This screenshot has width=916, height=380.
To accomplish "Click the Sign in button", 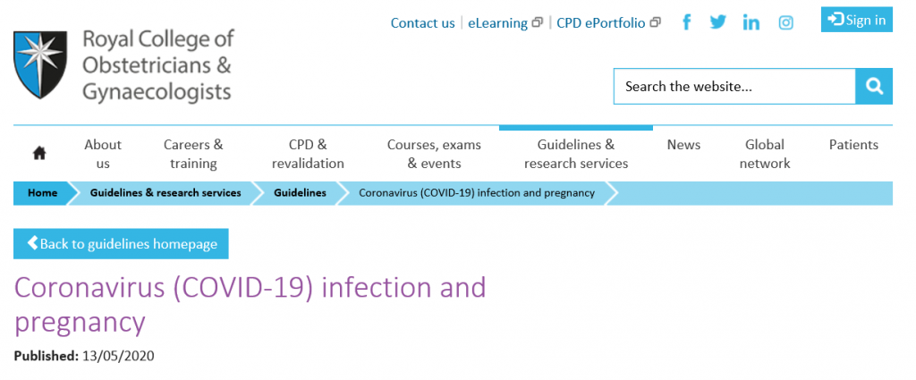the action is [x=856, y=20].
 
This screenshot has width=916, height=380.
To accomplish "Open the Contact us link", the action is [x=422, y=23].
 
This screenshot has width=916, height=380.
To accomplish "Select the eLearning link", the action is [x=505, y=23].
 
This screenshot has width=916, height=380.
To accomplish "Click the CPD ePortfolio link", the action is [x=608, y=23].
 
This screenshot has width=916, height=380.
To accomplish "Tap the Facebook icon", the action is [x=687, y=22].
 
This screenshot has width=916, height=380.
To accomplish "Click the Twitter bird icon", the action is [x=718, y=22].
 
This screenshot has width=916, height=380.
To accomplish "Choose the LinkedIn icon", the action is [x=751, y=22].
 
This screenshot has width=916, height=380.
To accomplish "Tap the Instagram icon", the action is [x=785, y=22].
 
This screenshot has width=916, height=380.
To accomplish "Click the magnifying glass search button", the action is [x=874, y=87].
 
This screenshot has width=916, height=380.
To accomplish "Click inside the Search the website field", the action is [x=734, y=87].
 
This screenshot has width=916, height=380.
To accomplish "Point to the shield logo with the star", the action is [x=39, y=64].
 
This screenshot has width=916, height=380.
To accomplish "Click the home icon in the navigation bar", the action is [x=39, y=154].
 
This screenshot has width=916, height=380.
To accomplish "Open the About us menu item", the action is [x=103, y=154].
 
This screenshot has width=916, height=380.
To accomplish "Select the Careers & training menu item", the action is [x=193, y=154].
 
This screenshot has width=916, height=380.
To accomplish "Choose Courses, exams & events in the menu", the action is [x=434, y=154].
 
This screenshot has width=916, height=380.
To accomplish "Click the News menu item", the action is [x=683, y=145].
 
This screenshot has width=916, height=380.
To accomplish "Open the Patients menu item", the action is [x=853, y=145].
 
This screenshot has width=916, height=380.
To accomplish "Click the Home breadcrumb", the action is [x=43, y=193].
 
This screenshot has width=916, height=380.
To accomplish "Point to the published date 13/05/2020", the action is [x=119, y=356].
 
